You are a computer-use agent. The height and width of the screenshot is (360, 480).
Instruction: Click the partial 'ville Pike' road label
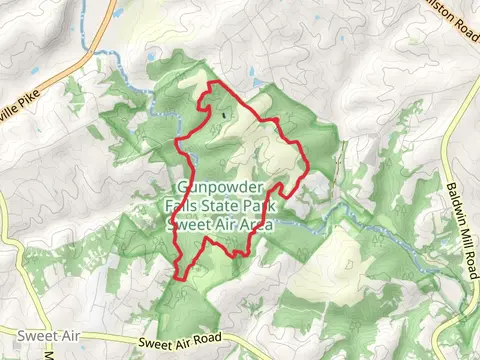point(27,100)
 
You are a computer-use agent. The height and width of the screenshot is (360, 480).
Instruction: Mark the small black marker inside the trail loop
point(223,116)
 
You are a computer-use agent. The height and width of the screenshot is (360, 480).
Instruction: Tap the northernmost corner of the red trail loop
point(211,88)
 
